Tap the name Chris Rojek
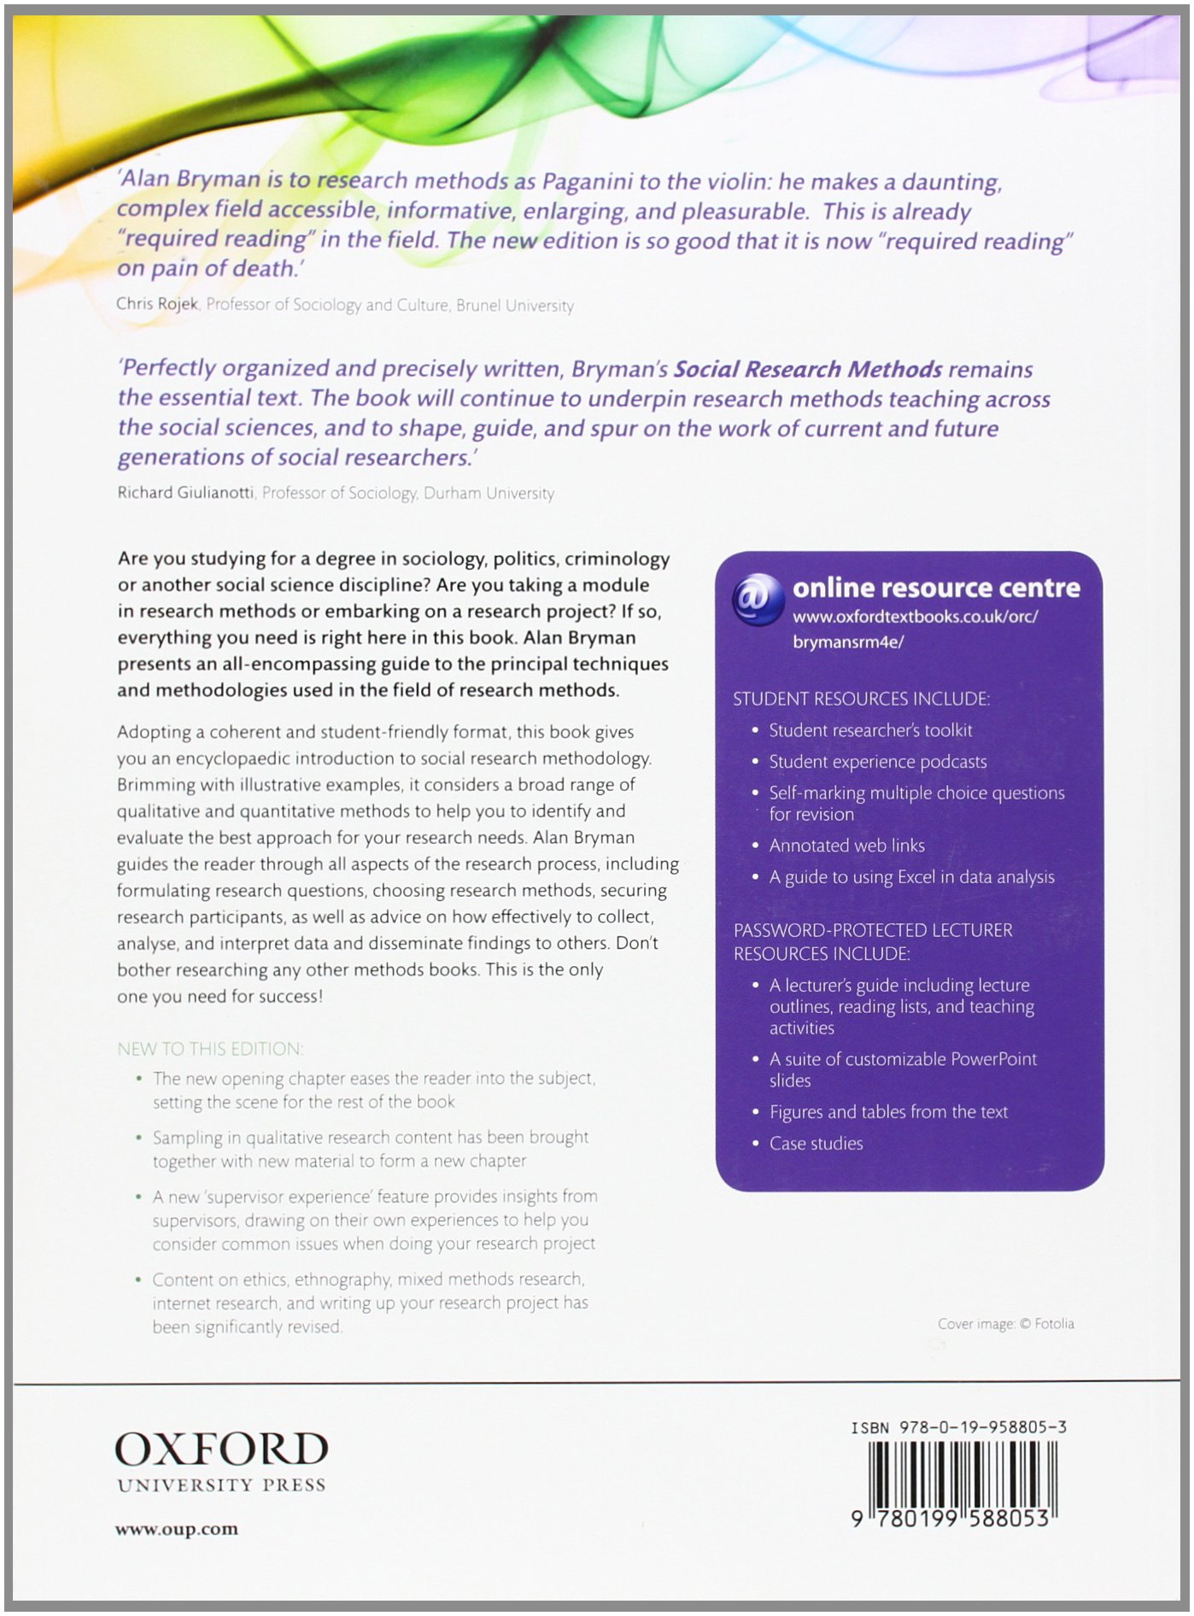click(x=157, y=305)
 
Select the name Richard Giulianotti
click(x=186, y=493)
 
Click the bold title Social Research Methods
click(x=808, y=369)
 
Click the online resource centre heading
click(x=936, y=588)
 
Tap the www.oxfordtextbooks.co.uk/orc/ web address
click(x=915, y=617)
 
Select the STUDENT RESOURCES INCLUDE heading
click(x=861, y=699)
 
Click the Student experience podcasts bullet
click(x=877, y=762)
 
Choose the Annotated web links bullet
click(x=846, y=846)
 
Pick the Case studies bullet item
click(x=816, y=1144)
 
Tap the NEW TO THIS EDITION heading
click(x=210, y=1049)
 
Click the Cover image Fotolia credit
click(x=1005, y=1324)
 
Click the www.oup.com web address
click(x=177, y=1530)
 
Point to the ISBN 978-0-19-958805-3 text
click(x=958, y=1427)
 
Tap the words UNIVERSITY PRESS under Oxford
click(x=221, y=1485)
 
